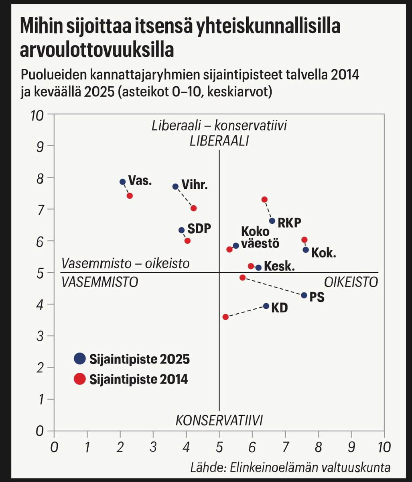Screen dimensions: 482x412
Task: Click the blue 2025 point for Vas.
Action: coord(123,182)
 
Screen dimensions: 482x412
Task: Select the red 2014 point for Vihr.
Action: coord(193,208)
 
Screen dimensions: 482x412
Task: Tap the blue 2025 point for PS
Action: coord(304,295)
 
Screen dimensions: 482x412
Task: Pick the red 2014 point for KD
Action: coord(225,317)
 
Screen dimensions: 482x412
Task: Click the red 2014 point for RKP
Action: coord(264,200)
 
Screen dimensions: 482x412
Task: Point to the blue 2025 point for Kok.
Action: coord(306,250)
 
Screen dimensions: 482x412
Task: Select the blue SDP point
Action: coord(181,230)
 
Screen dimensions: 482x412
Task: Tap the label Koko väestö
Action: coord(260,237)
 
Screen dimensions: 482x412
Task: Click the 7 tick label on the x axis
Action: coord(285,447)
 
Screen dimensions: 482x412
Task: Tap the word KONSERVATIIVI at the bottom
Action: coord(219,421)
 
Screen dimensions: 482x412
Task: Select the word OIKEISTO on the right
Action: coord(351,282)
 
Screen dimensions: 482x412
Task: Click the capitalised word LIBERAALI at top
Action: coord(219,141)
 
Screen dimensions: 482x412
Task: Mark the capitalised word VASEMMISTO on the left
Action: coord(100,282)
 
